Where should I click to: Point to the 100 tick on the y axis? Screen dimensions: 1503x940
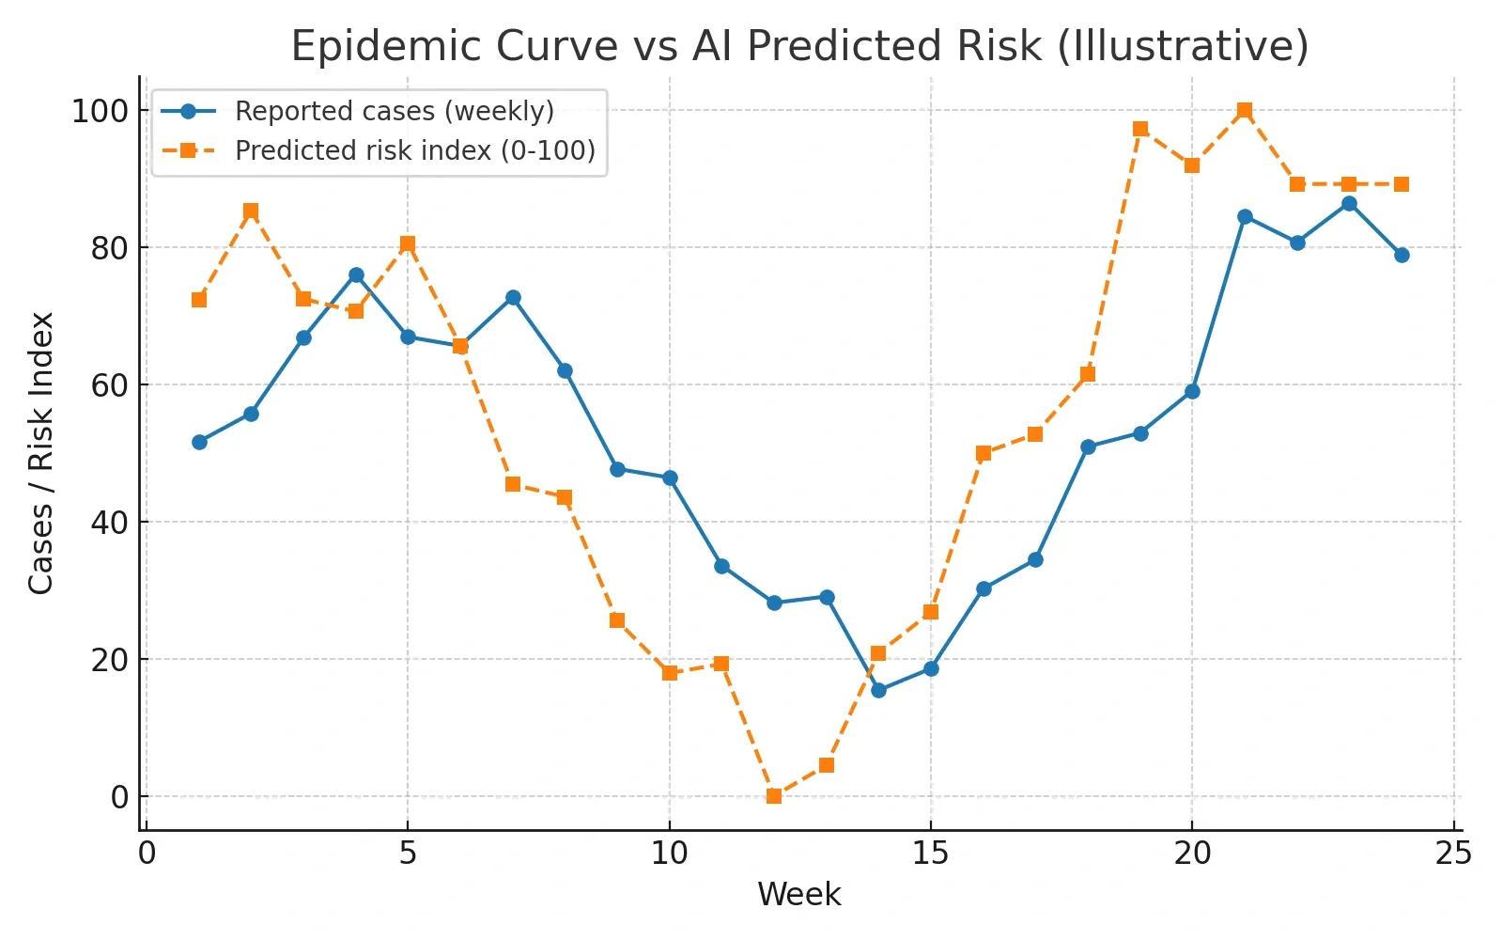100,111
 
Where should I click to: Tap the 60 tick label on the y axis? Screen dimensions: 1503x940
109,385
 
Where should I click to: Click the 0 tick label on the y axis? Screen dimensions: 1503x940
119,797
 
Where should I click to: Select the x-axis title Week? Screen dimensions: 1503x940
799,894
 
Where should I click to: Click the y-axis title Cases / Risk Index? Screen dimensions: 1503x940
41,453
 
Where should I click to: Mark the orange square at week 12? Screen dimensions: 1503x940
774,796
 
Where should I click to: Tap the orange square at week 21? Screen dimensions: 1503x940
1245,110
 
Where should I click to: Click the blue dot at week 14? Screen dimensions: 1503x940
878,690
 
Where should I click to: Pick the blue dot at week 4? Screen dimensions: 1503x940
356,275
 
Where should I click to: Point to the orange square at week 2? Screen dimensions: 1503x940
251,211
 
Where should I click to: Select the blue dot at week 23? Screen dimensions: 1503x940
1349,204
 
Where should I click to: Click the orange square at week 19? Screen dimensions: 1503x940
1140,129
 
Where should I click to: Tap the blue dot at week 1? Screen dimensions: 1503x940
199,443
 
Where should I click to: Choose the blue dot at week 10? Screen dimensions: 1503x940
670,478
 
